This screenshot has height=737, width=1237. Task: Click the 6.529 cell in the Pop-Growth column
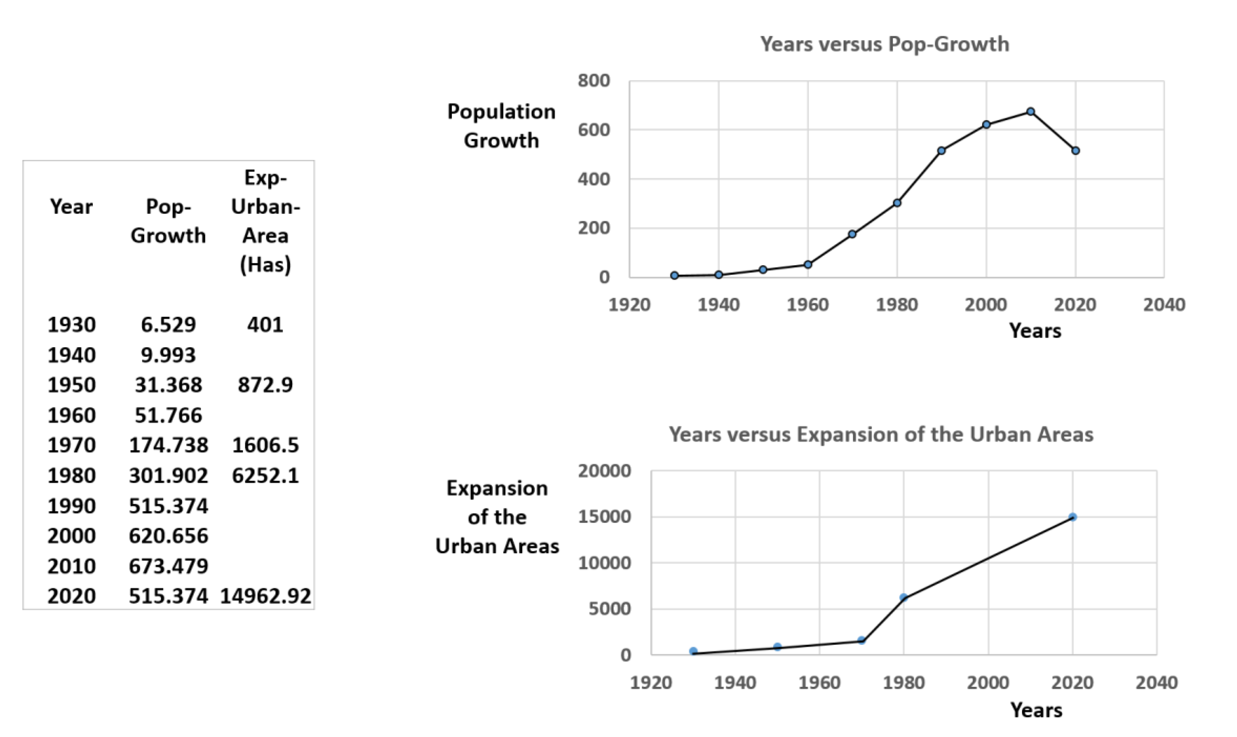tap(168, 325)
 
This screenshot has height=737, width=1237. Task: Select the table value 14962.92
tap(265, 596)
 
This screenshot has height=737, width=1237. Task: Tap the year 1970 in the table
tap(71, 445)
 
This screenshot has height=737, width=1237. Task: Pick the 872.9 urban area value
tap(265, 385)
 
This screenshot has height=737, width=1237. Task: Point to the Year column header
tap(71, 206)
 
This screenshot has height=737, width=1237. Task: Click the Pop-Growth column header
tap(168, 221)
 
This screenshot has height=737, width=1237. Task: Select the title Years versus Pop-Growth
tap(884, 44)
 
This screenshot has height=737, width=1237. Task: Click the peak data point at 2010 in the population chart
tap(1031, 112)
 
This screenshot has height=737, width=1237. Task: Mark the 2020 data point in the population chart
tap(1075, 151)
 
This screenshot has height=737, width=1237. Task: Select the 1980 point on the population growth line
tap(897, 203)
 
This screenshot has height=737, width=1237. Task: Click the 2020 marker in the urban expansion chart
tap(1073, 517)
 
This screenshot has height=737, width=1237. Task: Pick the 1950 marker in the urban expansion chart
tap(778, 647)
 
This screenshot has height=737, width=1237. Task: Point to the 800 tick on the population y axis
tap(593, 80)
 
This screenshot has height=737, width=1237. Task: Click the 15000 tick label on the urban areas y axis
tap(604, 517)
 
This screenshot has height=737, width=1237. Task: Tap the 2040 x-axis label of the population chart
tap(1164, 304)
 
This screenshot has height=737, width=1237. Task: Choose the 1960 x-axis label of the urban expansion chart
tap(820, 682)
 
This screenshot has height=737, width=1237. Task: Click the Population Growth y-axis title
tap(501, 126)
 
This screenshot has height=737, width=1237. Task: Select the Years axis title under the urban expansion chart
tap(1036, 710)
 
